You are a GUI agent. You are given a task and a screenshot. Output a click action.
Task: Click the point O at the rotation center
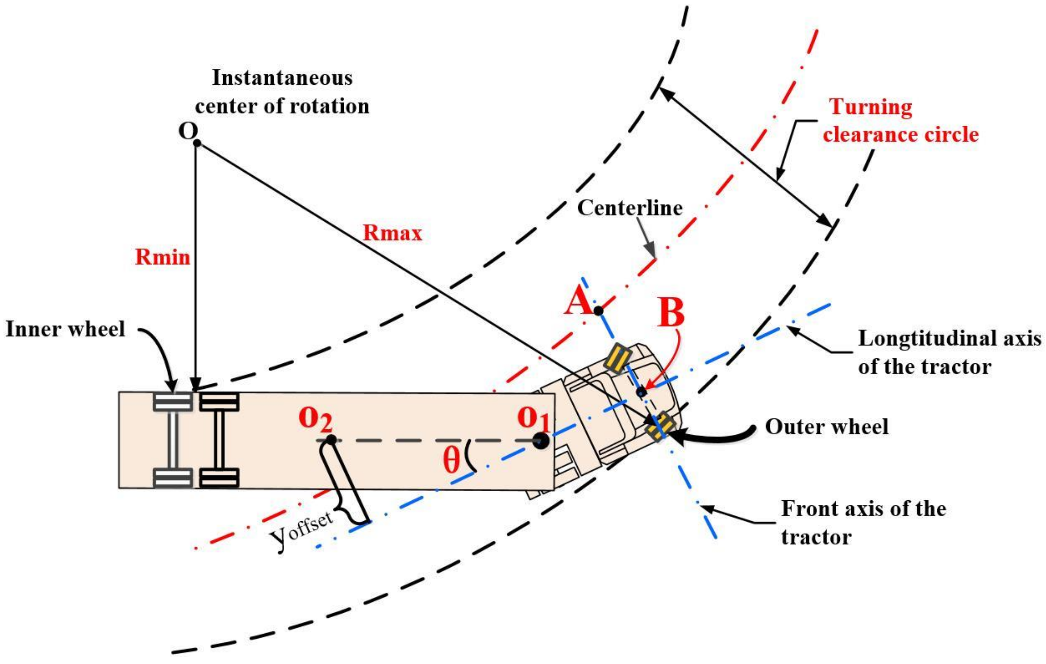point(196,142)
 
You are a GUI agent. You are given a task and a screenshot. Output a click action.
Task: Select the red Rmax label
point(392,233)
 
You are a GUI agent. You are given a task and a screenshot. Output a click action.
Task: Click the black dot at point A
point(598,311)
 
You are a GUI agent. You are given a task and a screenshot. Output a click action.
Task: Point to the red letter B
point(671,313)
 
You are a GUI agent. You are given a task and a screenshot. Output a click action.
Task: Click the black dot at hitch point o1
point(541,441)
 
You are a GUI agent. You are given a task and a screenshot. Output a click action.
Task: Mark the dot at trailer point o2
point(331,440)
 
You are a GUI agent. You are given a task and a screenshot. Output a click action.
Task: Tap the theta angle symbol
point(451,461)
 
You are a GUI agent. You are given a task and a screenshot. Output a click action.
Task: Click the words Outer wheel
point(826,427)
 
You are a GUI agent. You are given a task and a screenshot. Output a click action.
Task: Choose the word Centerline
point(629,208)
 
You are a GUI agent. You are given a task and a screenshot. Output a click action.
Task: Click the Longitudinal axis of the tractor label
point(949,352)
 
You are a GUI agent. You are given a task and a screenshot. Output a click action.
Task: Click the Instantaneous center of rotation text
point(282,92)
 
